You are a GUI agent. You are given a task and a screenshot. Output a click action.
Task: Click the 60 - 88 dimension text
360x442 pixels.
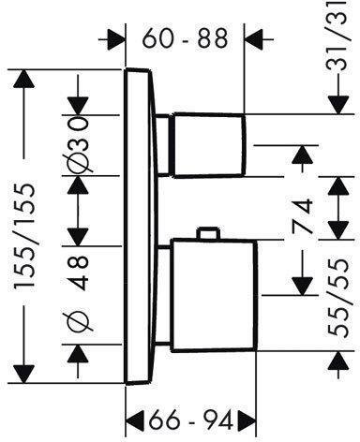click(x=185, y=39)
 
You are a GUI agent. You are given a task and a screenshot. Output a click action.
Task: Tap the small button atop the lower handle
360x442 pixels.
click(x=208, y=234)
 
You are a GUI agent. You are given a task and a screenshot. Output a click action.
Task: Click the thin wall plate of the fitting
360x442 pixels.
click(x=138, y=225)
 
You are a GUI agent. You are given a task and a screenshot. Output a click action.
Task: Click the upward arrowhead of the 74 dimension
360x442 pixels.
click(x=301, y=155)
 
